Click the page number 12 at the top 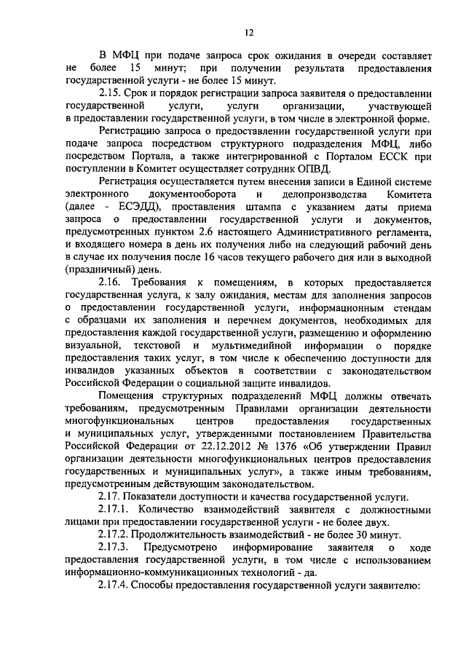point(248,32)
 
